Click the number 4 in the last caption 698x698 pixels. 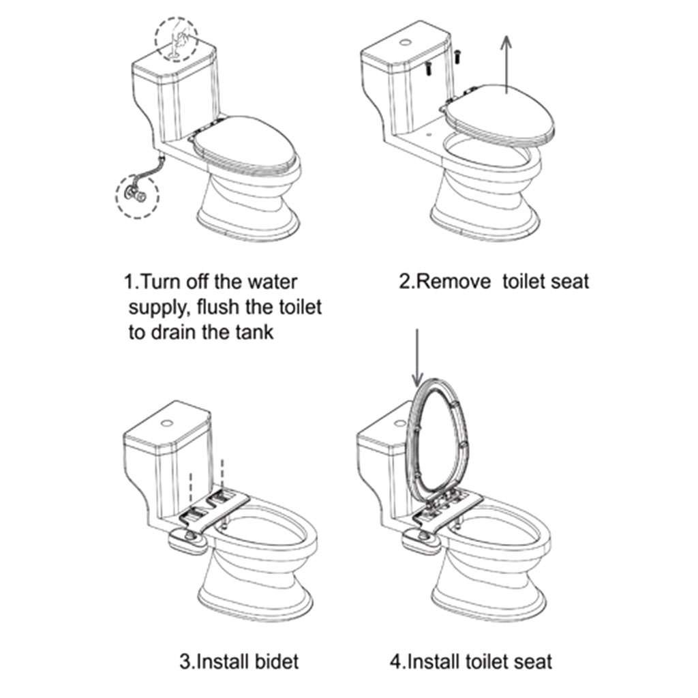[x=395, y=661]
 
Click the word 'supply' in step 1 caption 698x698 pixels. [x=155, y=307]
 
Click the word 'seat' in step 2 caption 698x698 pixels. [x=568, y=281]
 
